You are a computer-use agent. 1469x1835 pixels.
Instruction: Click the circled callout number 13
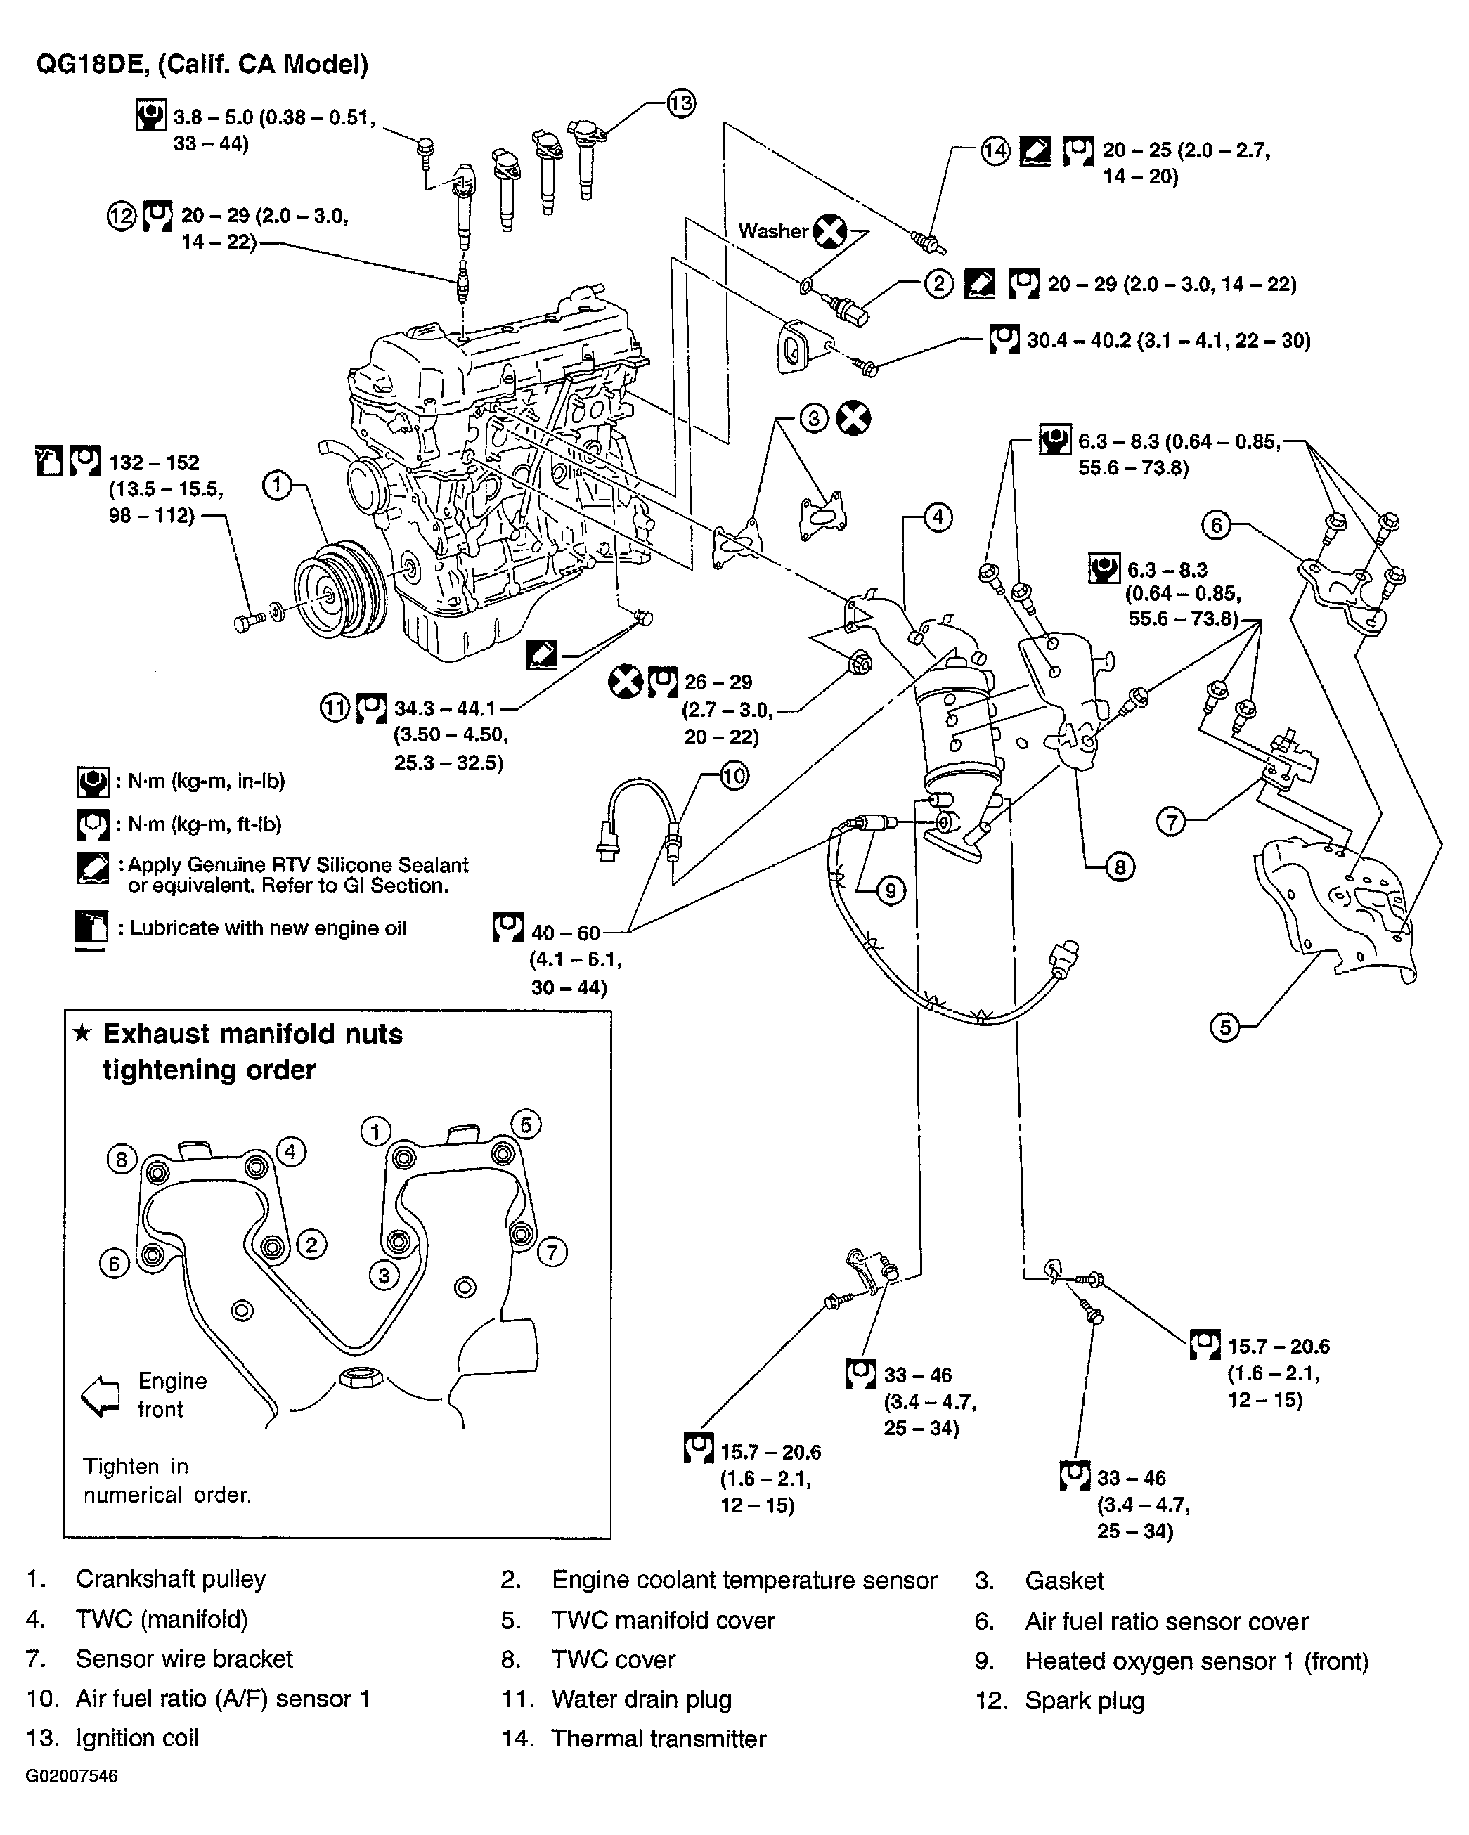coord(680,103)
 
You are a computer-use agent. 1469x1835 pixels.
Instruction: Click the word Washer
coord(772,231)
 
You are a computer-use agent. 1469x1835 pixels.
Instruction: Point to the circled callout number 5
coord(1224,1027)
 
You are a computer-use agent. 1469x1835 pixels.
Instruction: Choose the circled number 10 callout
coord(733,775)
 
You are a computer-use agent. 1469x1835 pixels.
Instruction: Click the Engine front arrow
coord(100,1396)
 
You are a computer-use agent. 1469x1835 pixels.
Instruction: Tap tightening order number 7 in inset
coord(552,1251)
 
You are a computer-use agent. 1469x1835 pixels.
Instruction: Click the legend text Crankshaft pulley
coord(170,1578)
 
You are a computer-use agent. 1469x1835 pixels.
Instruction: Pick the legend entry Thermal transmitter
coord(659,1738)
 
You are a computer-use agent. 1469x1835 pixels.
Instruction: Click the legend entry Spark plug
coord(1085,1701)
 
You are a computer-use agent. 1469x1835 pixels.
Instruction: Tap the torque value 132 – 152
coord(154,462)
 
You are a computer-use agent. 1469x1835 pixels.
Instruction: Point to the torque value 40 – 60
coord(566,933)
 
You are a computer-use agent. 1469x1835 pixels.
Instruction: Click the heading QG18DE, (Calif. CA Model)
coord(202,65)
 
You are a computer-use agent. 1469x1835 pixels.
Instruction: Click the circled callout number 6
coord(1216,525)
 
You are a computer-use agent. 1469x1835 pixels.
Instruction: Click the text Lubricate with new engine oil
coord(268,928)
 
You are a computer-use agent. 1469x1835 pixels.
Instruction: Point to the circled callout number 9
coord(891,890)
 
